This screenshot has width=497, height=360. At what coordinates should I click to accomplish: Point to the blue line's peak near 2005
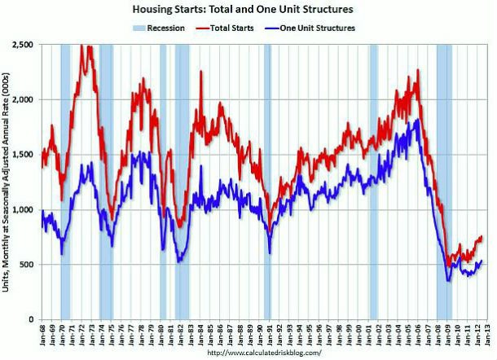pyautogui.click(x=418, y=120)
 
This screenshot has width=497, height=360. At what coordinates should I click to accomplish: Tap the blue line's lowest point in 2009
pyautogui.click(x=448, y=281)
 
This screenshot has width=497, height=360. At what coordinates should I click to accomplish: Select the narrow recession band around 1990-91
pyautogui.click(x=267, y=179)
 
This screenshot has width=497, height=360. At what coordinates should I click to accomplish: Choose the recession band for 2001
pyautogui.click(x=373, y=179)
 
